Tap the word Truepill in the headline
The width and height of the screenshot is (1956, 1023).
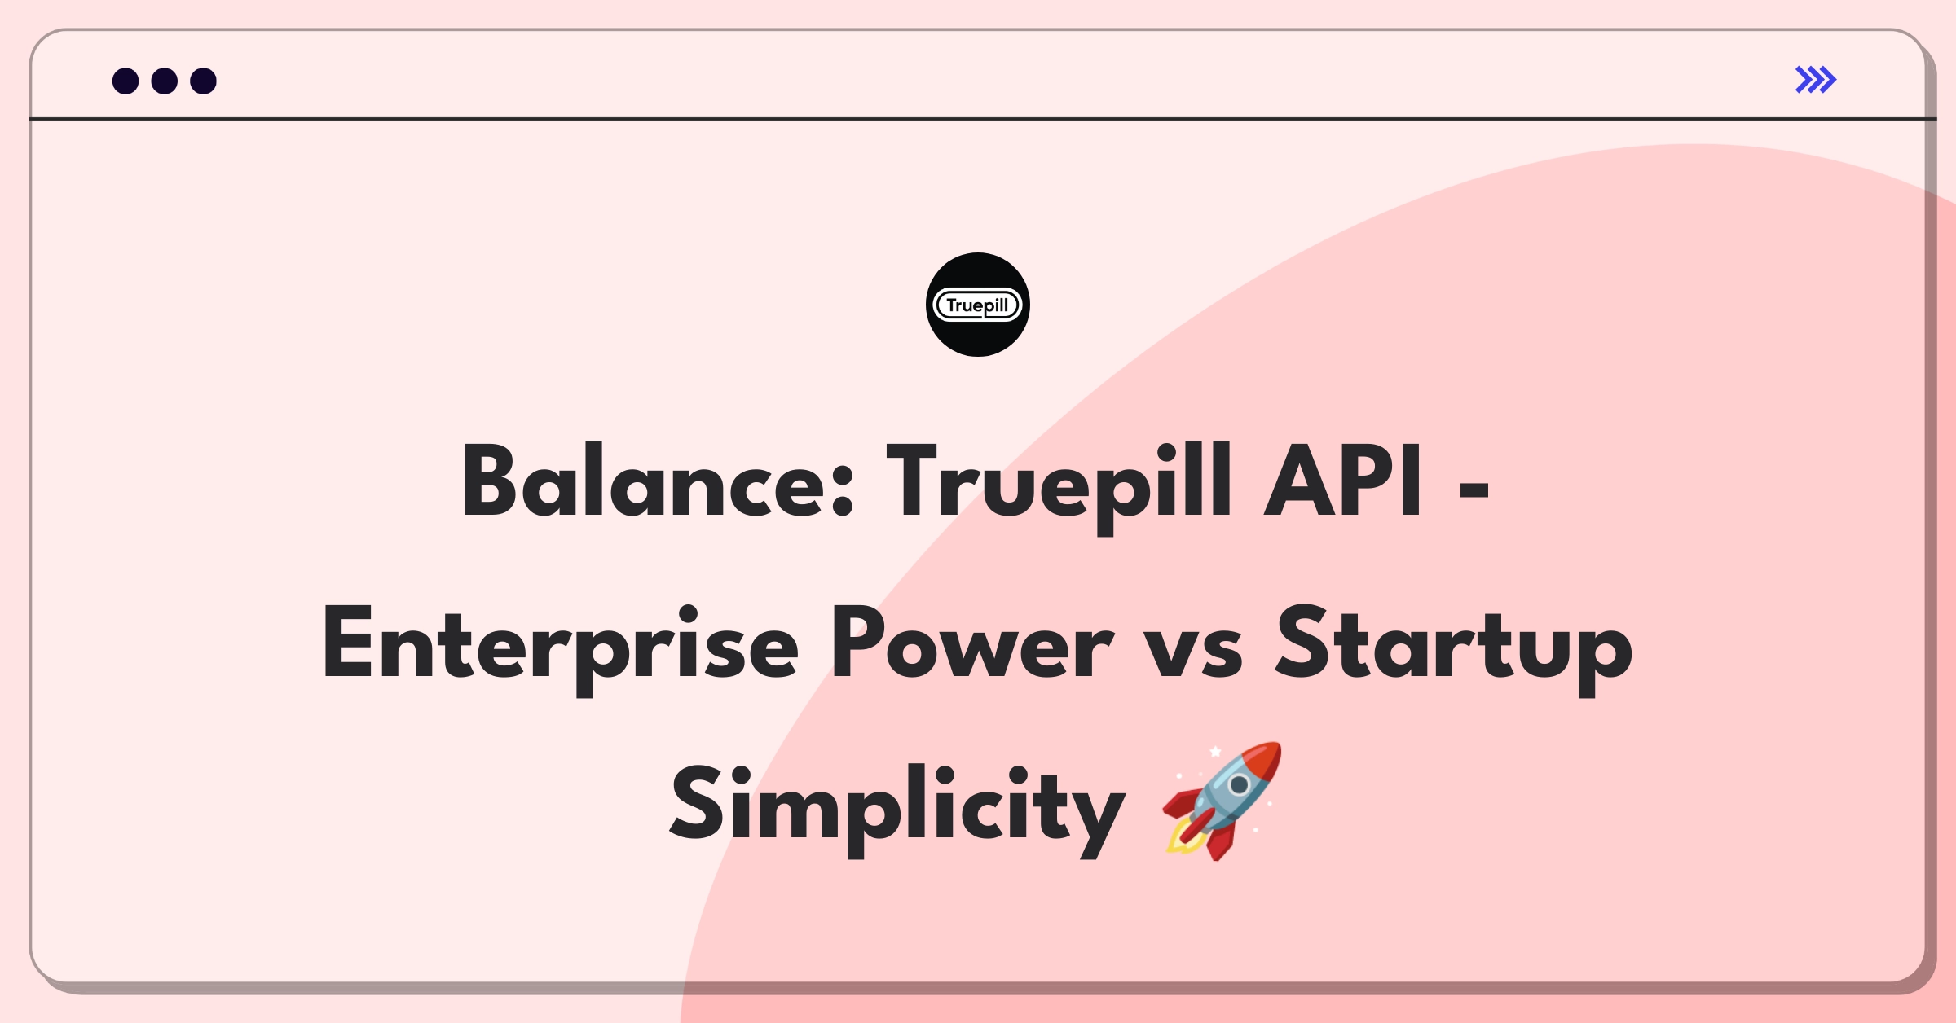(x=1059, y=487)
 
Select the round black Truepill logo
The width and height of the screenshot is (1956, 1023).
(x=978, y=305)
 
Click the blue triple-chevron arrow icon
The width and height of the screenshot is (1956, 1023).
(x=1816, y=80)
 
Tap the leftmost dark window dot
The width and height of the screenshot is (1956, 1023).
(x=126, y=81)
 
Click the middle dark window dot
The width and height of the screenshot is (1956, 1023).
(x=165, y=81)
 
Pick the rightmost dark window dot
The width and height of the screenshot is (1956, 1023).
(x=204, y=81)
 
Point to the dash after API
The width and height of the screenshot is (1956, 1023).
(x=1474, y=490)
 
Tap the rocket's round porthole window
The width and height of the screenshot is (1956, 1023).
(x=1239, y=785)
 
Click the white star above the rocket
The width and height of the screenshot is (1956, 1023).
(x=1215, y=751)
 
